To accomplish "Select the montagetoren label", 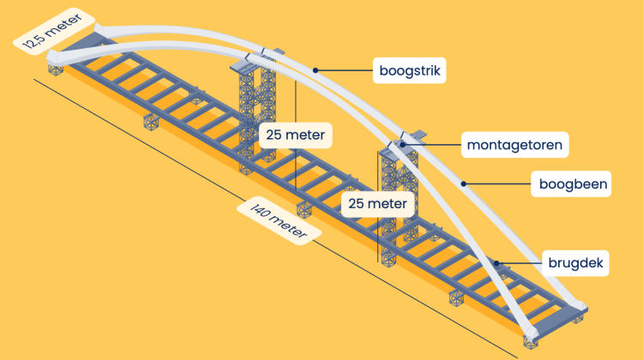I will coord(514,145).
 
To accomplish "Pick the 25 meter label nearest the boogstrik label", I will coord(295,135).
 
